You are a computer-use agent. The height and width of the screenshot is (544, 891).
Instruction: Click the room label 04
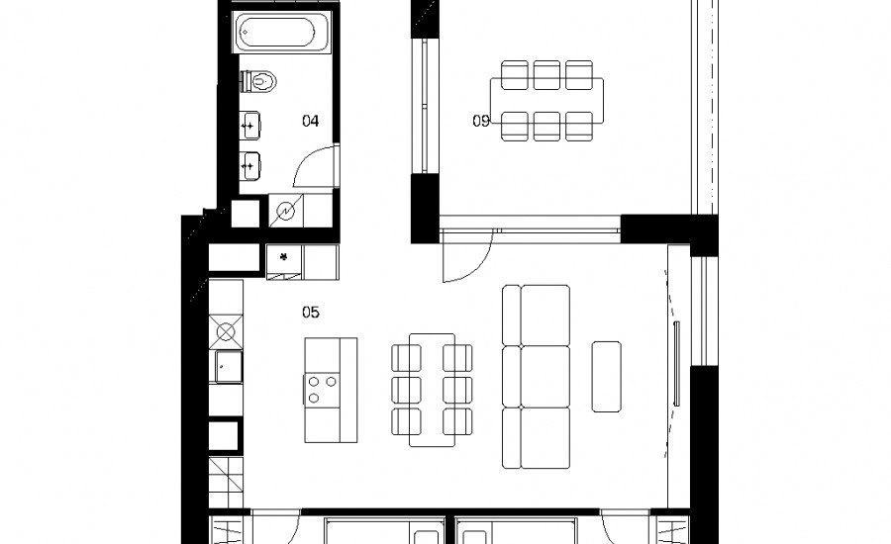[x=310, y=121]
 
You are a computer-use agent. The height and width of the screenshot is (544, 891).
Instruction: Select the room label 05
[x=310, y=312]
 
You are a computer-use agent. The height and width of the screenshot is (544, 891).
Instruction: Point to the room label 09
[x=481, y=121]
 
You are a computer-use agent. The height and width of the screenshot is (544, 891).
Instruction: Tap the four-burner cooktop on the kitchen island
[x=322, y=390]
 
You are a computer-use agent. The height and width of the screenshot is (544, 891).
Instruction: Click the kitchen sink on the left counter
[x=229, y=366]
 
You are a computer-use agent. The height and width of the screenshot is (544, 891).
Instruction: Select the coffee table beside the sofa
[x=606, y=377]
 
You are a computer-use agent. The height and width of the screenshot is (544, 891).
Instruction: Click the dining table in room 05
[x=432, y=390]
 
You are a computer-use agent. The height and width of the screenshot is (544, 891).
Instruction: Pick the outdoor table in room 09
[x=546, y=101]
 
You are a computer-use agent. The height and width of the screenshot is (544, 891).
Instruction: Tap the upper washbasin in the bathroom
[x=250, y=125]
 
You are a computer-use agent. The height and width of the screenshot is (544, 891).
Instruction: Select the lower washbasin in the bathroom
[x=250, y=166]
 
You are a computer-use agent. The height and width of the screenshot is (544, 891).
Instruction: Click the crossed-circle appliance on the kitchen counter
[x=226, y=331]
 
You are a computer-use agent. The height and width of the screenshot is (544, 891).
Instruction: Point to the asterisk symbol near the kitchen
[x=284, y=256]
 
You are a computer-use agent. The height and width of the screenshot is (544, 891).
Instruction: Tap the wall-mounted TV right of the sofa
[x=676, y=363]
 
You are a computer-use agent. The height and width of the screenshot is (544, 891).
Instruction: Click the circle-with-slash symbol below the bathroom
[x=286, y=211]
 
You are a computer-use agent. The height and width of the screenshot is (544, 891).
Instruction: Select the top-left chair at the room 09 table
[x=515, y=75]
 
